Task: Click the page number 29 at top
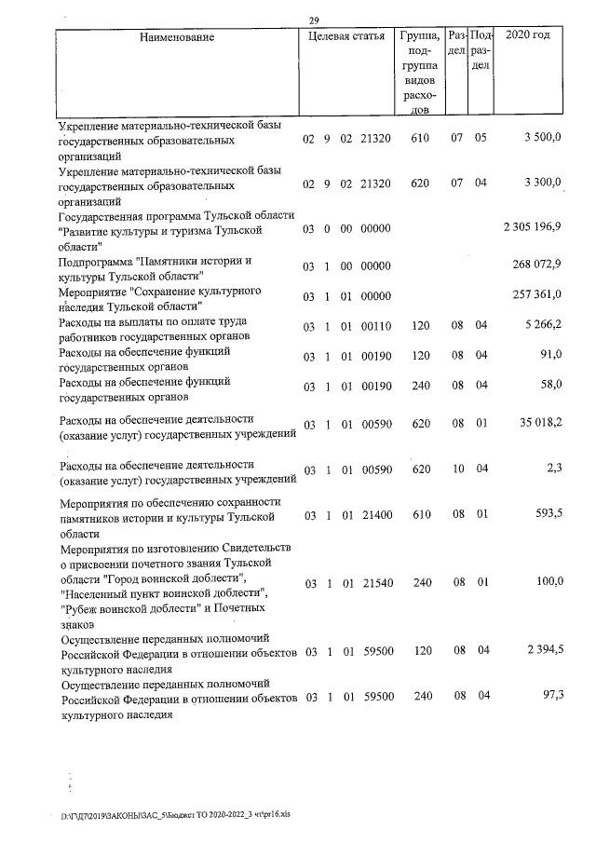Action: pos(314,20)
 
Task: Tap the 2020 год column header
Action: pos(527,36)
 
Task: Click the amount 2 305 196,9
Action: pos(532,228)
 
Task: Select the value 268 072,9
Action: pos(537,265)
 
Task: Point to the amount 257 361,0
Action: pos(537,295)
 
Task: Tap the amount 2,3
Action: pos(553,469)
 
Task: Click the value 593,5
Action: pos(548,515)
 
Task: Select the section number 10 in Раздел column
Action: pos(456,469)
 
